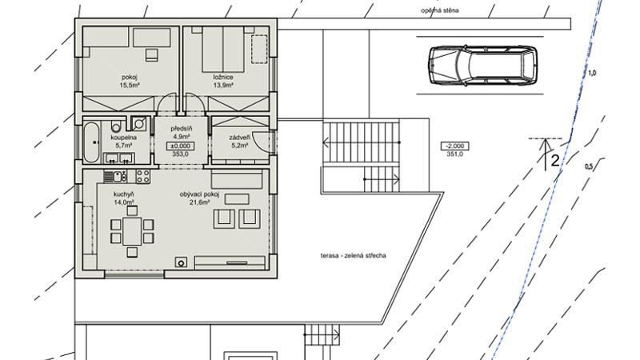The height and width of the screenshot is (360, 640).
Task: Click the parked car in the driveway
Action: click(x=482, y=66)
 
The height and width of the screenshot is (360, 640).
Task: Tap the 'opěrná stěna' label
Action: click(x=439, y=10)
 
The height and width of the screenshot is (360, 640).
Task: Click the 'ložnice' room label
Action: click(x=223, y=77)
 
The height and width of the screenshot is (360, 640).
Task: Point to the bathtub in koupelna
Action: click(x=91, y=142)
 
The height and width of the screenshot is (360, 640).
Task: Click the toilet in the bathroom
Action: click(x=116, y=126)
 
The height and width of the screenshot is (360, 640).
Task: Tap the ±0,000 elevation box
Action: click(x=180, y=146)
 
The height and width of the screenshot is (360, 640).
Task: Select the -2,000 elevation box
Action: click(x=454, y=146)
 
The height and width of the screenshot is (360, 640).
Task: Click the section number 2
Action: click(x=554, y=161)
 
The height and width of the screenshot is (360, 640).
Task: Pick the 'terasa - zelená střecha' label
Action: click(x=353, y=256)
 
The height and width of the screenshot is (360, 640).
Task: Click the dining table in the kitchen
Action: click(x=132, y=231)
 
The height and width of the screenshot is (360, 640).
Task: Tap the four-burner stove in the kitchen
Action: click(x=143, y=176)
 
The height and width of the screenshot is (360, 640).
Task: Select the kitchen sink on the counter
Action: click(x=118, y=177)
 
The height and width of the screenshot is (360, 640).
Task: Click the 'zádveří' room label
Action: click(x=239, y=138)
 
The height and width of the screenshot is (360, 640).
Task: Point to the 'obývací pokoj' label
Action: click(x=199, y=194)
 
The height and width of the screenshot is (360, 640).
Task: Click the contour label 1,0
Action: click(x=591, y=74)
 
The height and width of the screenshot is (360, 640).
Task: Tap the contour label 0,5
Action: click(x=589, y=166)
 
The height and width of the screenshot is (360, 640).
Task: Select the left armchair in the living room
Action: click(x=224, y=218)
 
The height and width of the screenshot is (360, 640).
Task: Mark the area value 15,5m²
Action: click(x=130, y=86)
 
